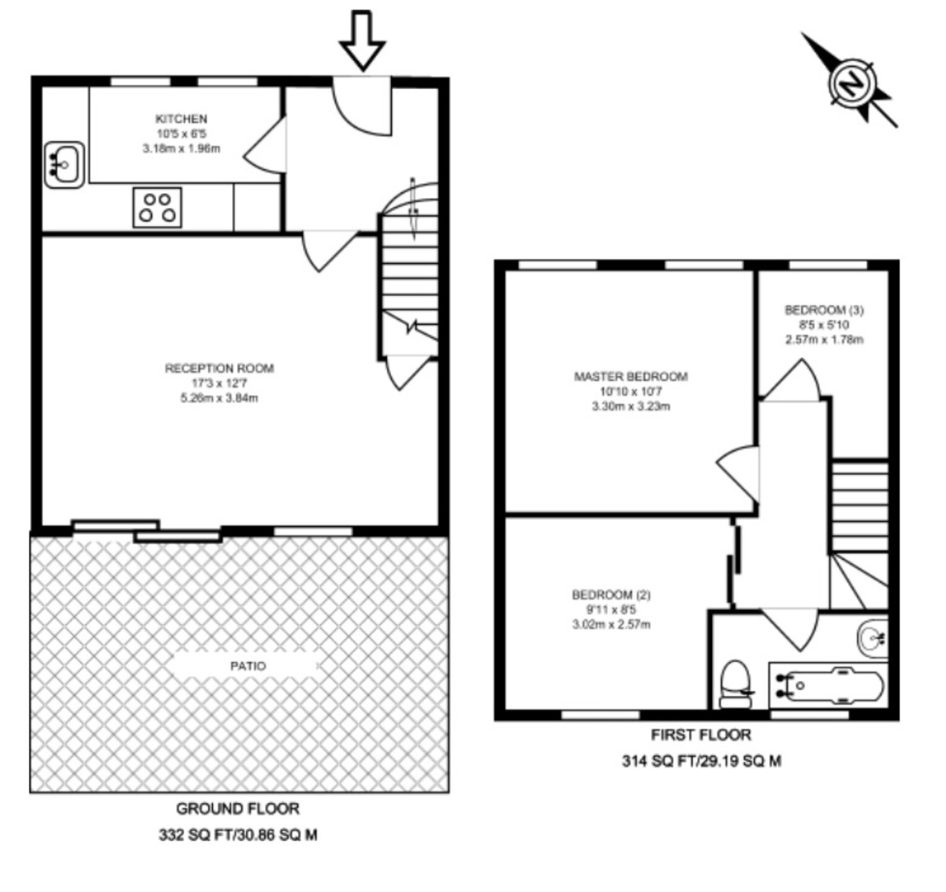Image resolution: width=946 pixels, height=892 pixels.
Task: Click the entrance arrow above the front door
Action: (363, 40)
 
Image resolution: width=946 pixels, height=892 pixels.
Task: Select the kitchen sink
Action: (64, 164)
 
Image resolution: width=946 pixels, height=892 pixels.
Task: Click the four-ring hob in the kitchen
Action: (157, 207)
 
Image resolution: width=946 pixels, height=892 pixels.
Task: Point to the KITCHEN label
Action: (181, 119)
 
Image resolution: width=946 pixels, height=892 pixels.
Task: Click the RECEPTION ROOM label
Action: (219, 368)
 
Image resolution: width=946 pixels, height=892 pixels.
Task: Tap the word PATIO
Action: (248, 666)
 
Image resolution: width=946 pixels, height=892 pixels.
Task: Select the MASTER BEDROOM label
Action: (631, 377)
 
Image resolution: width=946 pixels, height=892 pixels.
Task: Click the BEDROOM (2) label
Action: (611, 595)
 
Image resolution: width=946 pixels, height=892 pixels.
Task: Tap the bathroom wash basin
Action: (873, 637)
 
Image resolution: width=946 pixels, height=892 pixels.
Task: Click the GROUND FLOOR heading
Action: (237, 808)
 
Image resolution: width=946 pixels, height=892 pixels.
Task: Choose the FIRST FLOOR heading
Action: (701, 735)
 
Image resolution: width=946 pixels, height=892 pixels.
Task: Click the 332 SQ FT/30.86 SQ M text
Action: (238, 835)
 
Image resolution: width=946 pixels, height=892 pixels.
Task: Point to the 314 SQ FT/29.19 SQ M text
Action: (701, 762)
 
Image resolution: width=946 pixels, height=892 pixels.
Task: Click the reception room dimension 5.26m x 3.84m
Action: (219, 398)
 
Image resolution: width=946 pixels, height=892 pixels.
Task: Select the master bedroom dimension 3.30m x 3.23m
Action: (631, 407)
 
